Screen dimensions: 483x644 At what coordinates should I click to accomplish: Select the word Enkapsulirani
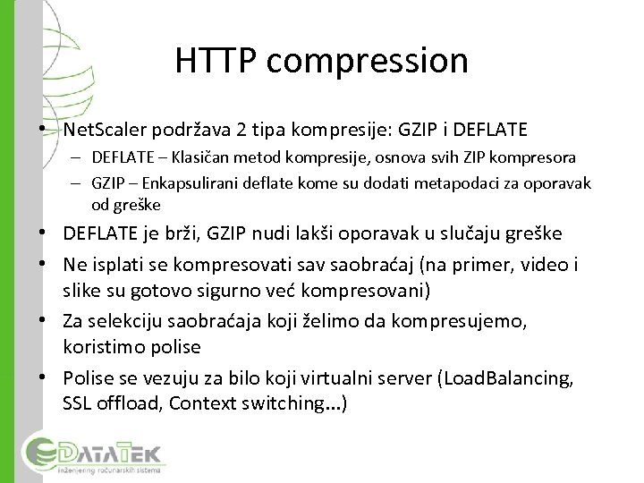[184, 182]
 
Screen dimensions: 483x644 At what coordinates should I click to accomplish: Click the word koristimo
[101, 346]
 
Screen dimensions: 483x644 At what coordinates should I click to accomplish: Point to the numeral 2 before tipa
[241, 130]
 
